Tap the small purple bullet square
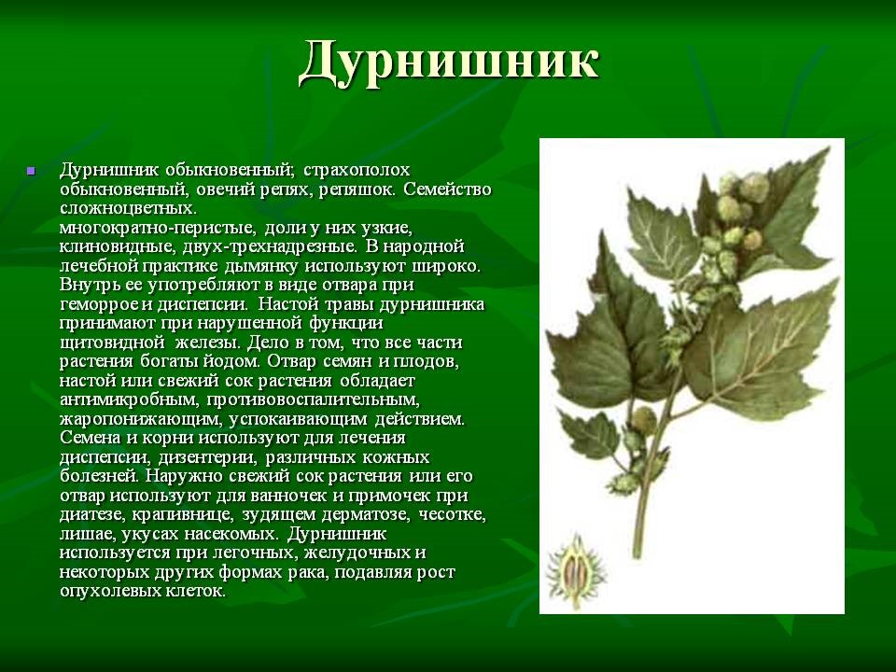(x=31, y=171)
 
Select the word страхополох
(x=357, y=171)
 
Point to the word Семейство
(x=447, y=189)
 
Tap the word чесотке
(x=453, y=514)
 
